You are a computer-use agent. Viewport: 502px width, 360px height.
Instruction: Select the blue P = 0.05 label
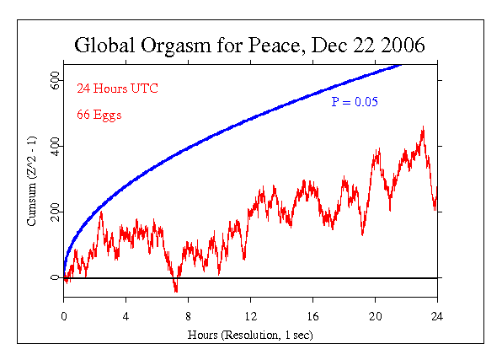pos(354,102)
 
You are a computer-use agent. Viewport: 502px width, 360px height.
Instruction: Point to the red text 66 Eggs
pos(99,115)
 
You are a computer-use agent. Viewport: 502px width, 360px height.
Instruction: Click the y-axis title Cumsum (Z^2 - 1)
pos(32,181)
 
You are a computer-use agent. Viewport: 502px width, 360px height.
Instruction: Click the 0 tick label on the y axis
pos(55,277)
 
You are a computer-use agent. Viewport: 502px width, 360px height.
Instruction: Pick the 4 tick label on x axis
pos(126,316)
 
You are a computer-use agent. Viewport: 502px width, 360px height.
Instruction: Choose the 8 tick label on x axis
pos(189,316)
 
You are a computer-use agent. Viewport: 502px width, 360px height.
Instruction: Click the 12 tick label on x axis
pos(250,316)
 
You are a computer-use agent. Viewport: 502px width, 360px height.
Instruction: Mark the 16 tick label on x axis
pos(312,316)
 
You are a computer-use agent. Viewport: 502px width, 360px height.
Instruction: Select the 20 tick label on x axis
pos(375,316)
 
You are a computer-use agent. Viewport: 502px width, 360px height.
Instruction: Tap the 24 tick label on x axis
pos(437,316)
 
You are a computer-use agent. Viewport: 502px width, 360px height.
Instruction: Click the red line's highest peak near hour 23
pos(422,128)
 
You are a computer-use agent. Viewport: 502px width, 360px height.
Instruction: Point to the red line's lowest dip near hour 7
pos(175,290)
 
